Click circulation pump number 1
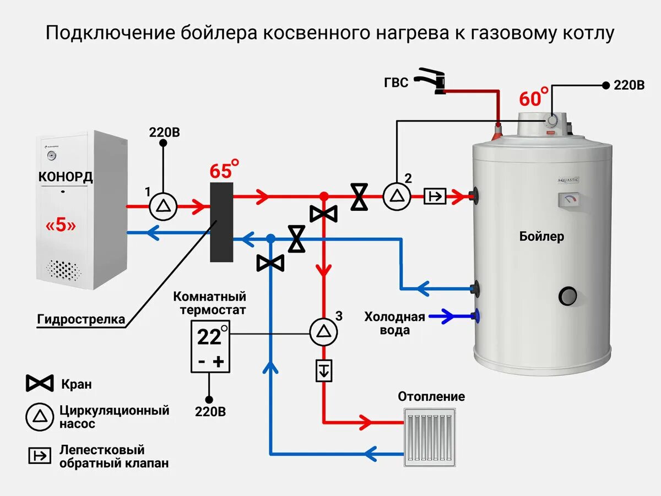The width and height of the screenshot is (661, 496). point(163,206)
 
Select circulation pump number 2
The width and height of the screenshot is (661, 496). point(396,195)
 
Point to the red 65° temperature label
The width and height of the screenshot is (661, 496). point(224,170)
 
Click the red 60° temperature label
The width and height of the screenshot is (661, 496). point(533,98)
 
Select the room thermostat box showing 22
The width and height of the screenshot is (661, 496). point(210,346)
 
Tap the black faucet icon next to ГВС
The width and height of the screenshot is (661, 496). point(431,81)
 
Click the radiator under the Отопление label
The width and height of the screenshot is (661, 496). point(429,438)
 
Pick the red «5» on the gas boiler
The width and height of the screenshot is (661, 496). point(61,225)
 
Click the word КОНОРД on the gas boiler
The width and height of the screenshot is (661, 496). point(66,177)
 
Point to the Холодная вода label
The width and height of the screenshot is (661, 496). point(394,323)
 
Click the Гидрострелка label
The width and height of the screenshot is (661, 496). point(81,319)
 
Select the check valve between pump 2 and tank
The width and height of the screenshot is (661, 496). point(435,196)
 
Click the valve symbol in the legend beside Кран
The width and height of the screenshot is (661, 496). point(40,383)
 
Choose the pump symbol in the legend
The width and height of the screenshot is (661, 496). point(40,417)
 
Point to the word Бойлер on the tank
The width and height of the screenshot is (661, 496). point(541,237)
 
